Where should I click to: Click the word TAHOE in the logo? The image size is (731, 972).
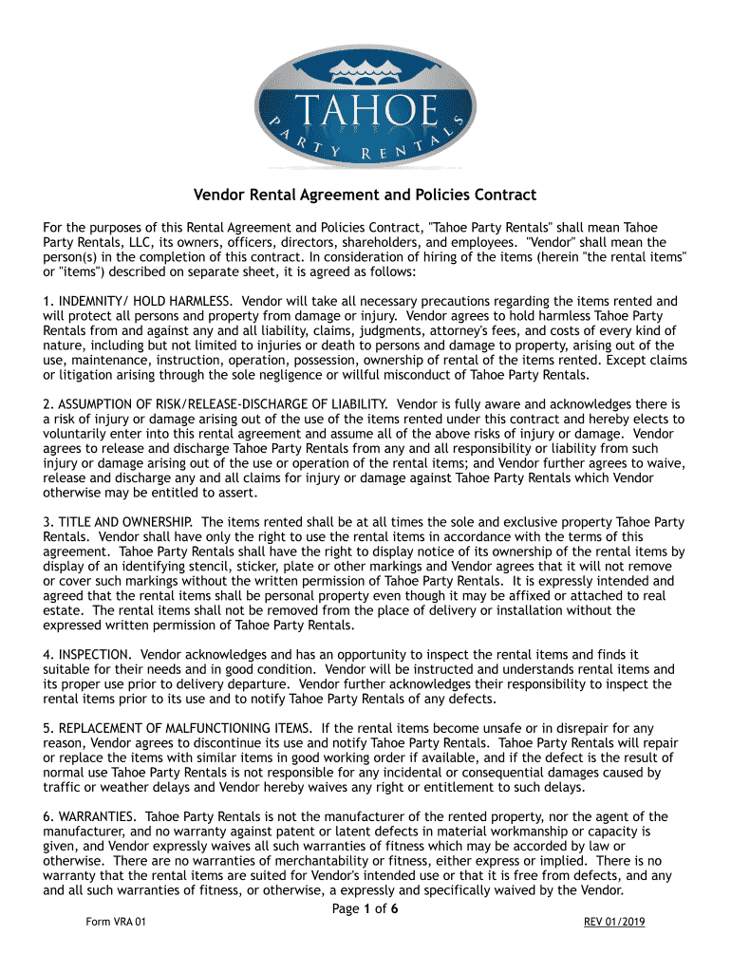tap(365, 106)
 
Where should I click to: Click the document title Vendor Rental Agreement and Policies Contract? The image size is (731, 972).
tap(365, 196)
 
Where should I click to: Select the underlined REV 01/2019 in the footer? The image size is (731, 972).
tap(613, 922)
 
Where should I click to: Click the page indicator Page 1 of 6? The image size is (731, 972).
tap(365, 908)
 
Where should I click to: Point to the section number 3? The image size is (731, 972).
tap(47, 522)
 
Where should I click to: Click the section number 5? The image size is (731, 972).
tap(47, 729)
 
